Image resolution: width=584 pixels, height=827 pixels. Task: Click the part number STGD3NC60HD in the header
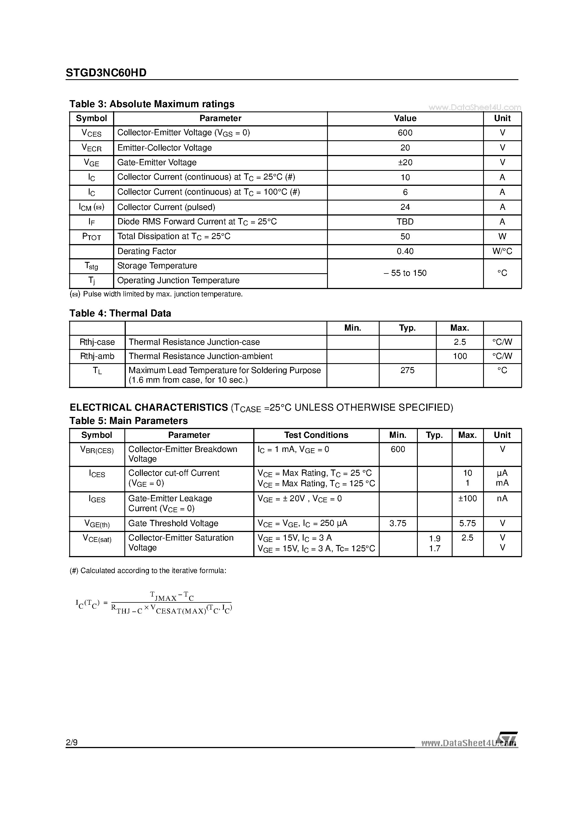(106, 73)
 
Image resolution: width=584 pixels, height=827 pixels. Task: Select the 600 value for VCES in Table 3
(405, 133)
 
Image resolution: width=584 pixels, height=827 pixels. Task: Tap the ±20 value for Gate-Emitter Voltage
(405, 162)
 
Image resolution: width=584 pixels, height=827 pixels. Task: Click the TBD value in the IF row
(405, 222)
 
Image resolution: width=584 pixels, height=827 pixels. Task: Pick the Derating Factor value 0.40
(405, 251)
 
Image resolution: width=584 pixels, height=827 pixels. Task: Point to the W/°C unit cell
(502, 251)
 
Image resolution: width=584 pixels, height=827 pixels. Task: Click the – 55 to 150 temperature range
(405, 273)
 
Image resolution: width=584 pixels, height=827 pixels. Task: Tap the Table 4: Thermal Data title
(120, 313)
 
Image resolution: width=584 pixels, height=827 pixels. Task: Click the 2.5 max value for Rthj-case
(460, 342)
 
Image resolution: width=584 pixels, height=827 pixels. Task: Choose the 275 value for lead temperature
(407, 370)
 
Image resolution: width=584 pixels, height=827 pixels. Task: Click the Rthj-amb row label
(97, 356)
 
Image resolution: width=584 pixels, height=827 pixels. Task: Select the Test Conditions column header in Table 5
(316, 435)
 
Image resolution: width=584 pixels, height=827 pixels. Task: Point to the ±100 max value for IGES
(467, 499)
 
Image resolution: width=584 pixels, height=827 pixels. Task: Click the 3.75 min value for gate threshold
(398, 523)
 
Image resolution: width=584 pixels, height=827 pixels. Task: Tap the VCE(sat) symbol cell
(97, 539)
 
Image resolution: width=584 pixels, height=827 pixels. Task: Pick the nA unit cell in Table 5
(502, 499)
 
